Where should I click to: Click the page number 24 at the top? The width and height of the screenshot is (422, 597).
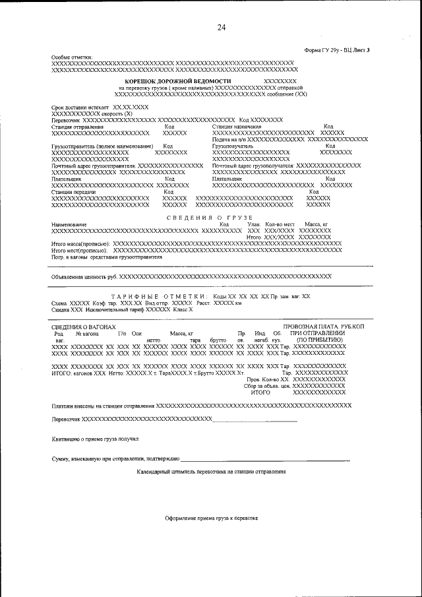pyautogui.click(x=221, y=27)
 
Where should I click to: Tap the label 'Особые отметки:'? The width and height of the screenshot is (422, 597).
pyautogui.click(x=73, y=57)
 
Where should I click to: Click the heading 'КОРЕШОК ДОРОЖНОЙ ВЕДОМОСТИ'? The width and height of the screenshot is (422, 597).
pyautogui.click(x=179, y=80)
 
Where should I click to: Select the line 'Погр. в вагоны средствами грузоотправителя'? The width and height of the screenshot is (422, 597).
pyautogui.click(x=106, y=257)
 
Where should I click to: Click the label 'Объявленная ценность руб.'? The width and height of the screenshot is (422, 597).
pyautogui.click(x=84, y=276)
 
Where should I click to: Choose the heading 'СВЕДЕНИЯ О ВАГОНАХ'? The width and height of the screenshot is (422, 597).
pyautogui.click(x=83, y=327)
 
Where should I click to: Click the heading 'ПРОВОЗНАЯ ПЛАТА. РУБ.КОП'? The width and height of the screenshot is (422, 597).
pyautogui.click(x=328, y=327)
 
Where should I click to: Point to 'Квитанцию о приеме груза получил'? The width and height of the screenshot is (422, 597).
pyautogui.click(x=95, y=439)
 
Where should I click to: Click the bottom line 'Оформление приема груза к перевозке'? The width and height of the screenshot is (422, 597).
pyautogui.click(x=211, y=518)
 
